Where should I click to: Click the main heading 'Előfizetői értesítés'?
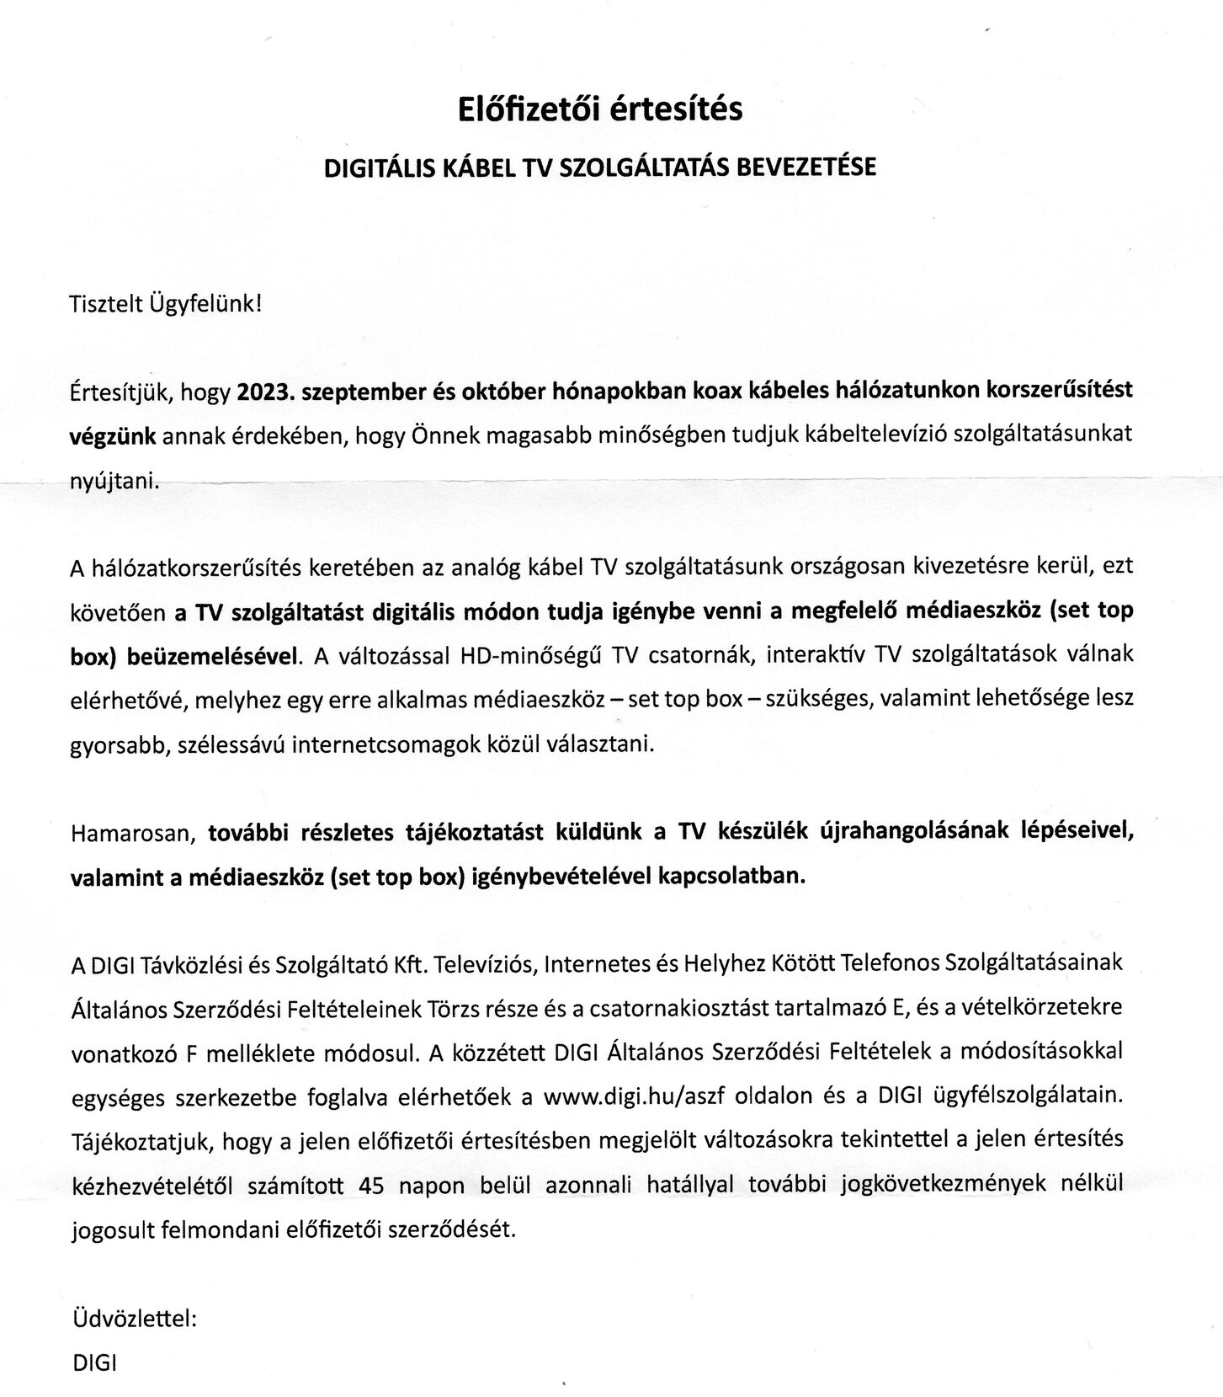(x=599, y=109)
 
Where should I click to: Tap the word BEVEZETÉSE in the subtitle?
(x=806, y=167)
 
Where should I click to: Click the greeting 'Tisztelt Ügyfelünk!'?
(x=166, y=303)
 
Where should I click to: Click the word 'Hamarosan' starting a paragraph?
(x=132, y=834)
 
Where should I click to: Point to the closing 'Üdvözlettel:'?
(x=135, y=1319)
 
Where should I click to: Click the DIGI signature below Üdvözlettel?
(x=95, y=1362)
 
